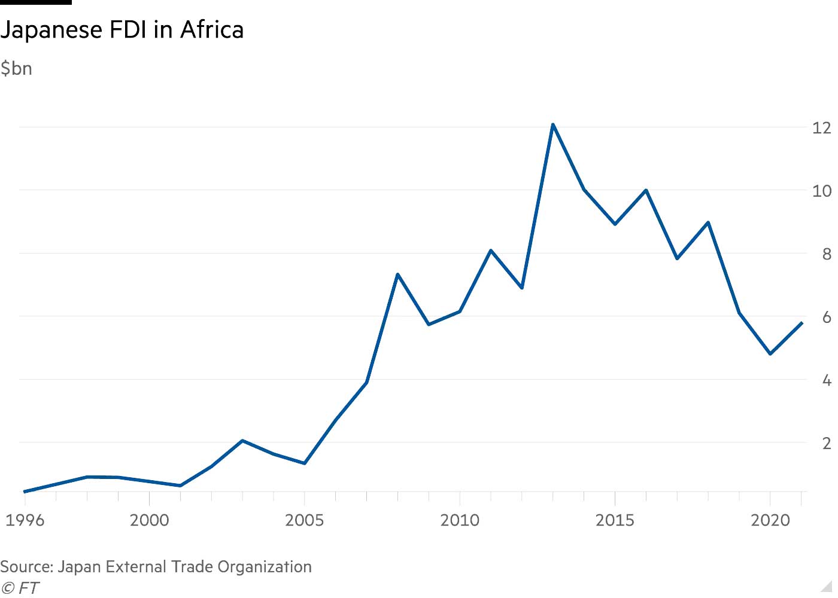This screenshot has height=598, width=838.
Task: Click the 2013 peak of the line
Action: coord(553,125)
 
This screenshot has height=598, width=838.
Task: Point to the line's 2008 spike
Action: coord(397,274)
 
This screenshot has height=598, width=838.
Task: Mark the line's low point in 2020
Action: coord(770,353)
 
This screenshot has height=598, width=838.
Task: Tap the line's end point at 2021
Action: coord(801,323)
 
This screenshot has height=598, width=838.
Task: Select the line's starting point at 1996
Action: coord(25,492)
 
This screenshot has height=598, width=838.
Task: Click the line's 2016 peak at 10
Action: coord(646,190)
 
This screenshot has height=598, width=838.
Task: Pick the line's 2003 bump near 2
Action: coord(242,441)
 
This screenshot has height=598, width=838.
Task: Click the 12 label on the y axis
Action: coord(821,127)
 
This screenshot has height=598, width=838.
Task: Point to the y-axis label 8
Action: coord(827,254)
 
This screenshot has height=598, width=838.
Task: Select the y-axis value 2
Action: coord(827,443)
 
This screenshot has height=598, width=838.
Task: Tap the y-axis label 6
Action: coord(827,317)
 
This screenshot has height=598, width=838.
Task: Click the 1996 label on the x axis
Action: coord(25,520)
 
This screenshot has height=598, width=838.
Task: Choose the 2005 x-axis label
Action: coord(305,520)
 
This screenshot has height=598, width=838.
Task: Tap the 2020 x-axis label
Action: coord(770,520)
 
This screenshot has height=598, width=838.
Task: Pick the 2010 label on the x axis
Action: coord(460,520)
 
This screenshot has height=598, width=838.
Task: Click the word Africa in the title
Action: coord(212,29)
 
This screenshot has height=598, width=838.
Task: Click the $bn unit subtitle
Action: coord(16,69)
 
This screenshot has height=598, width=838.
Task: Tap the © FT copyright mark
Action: coord(20,588)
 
